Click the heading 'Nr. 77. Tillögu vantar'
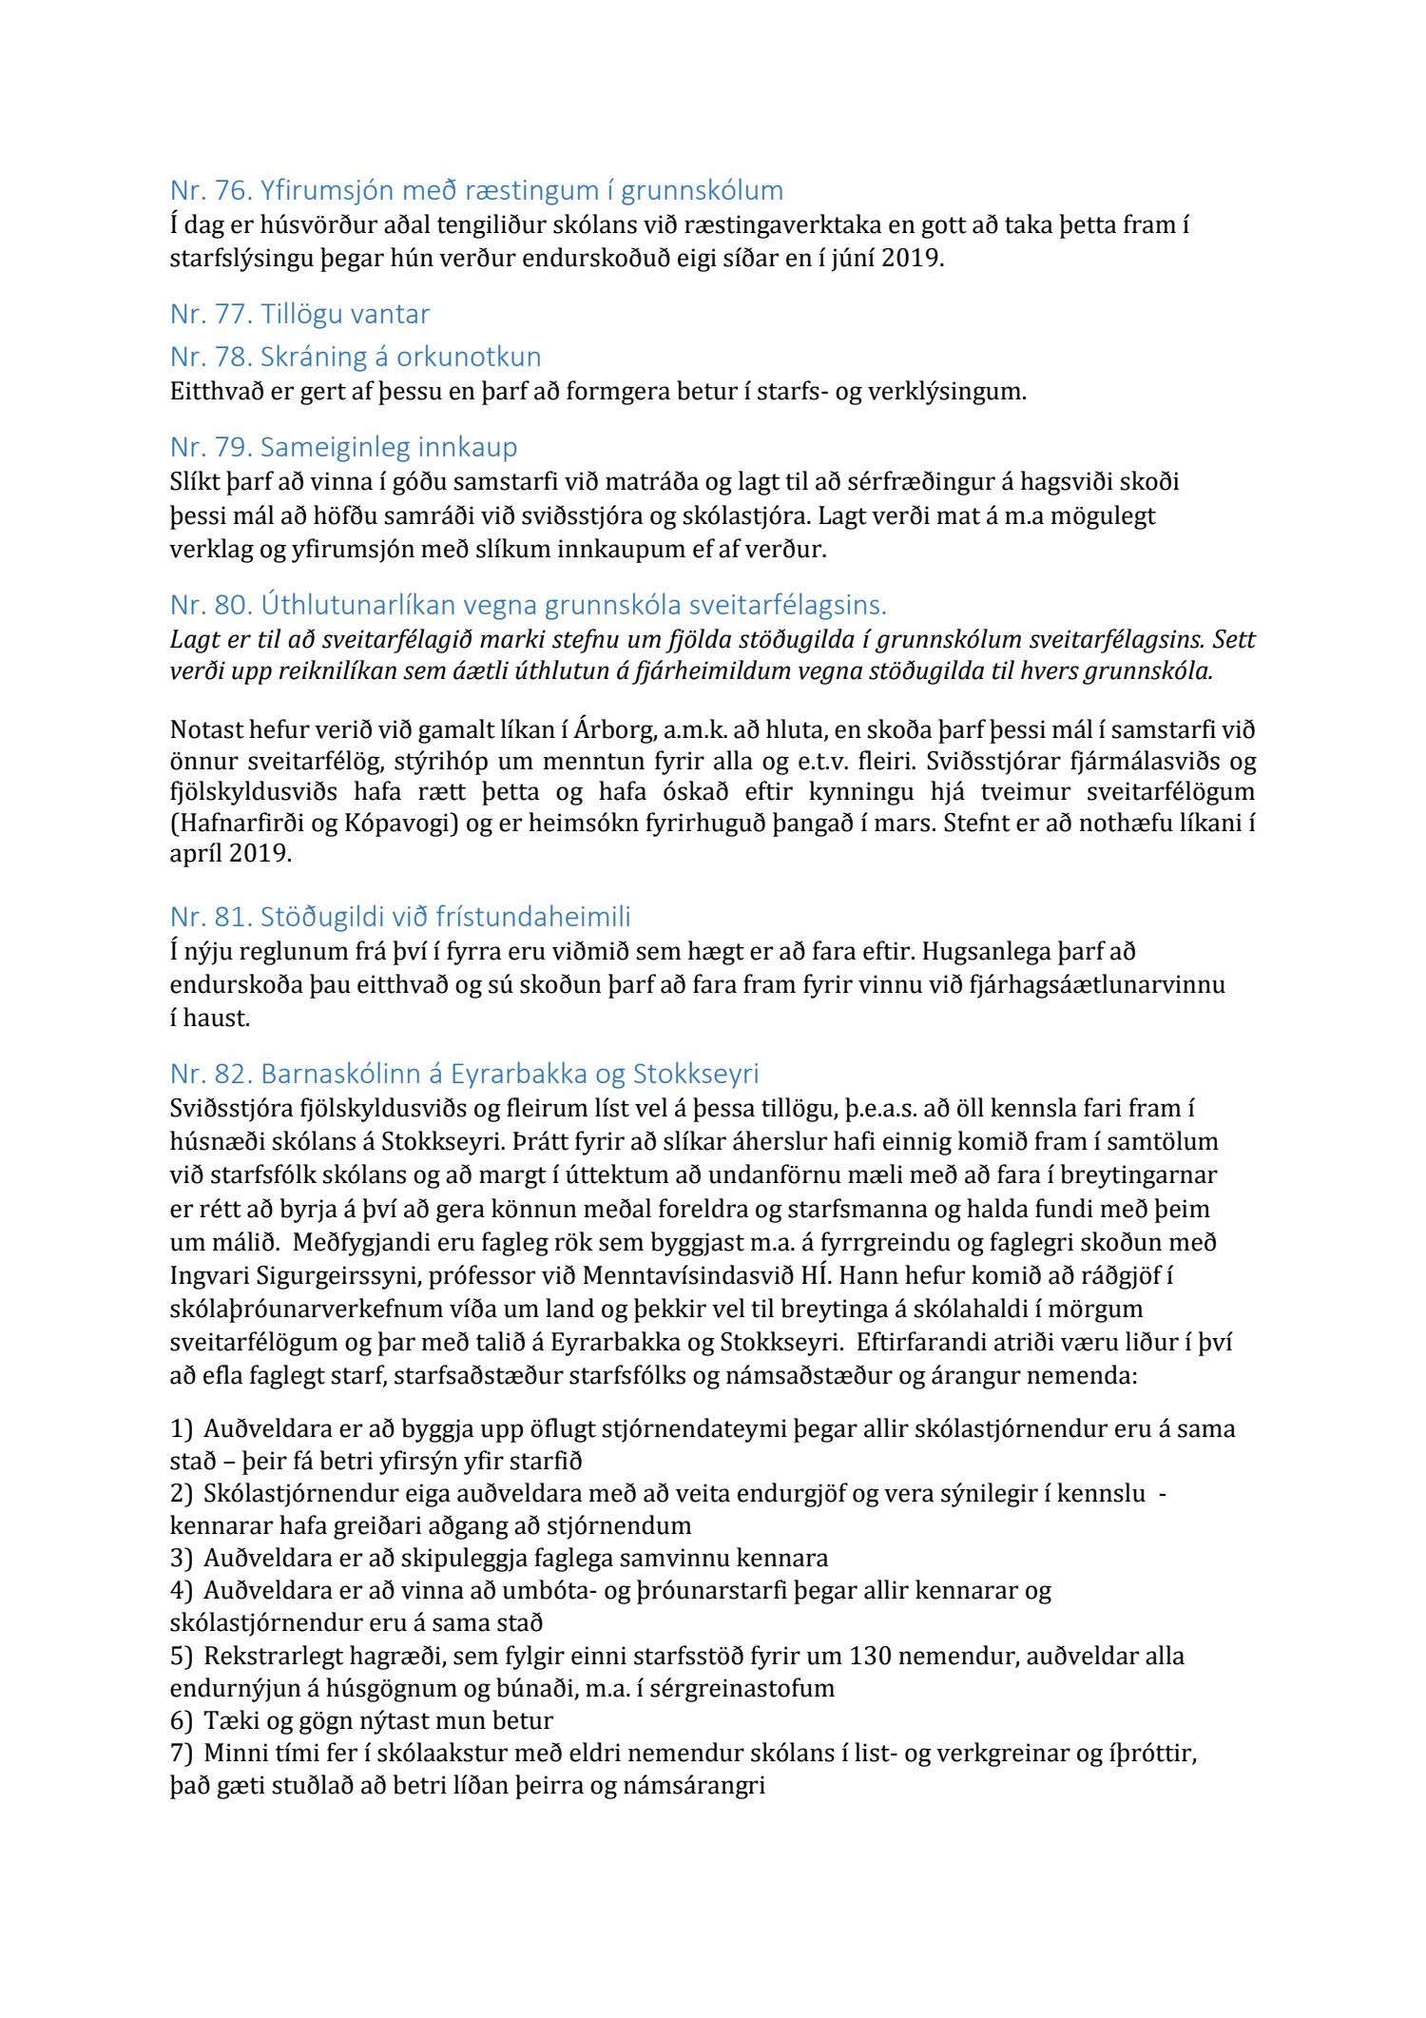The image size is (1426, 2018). (x=299, y=314)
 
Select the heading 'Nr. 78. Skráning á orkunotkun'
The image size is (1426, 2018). (x=356, y=357)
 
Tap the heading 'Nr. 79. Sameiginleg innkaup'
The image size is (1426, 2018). (x=343, y=447)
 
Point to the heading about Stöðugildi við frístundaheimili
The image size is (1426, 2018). (x=400, y=917)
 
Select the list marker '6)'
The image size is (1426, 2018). (x=181, y=1720)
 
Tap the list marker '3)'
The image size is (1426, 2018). (x=181, y=1559)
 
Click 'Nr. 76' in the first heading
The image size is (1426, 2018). (x=208, y=191)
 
